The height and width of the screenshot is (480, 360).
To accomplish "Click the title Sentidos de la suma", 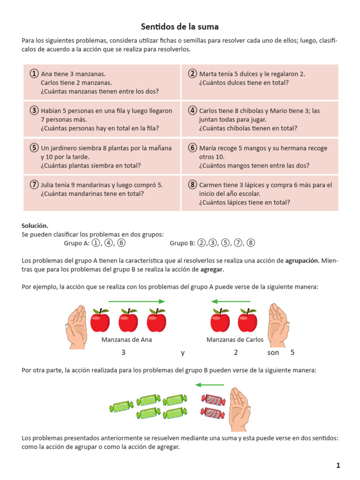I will (180, 27).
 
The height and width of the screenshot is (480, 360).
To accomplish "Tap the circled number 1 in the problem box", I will (34, 74).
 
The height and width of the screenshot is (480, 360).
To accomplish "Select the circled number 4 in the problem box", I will (192, 111).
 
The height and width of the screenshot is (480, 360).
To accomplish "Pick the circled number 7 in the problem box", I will (34, 184).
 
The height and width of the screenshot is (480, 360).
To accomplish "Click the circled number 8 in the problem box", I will (192, 184).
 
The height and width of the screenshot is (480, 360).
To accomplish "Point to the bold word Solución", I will (35, 225).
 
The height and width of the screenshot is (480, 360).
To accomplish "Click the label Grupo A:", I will (76, 243).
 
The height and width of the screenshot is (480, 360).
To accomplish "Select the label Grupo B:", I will (182, 243).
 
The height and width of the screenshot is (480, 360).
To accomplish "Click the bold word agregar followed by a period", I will (211, 269).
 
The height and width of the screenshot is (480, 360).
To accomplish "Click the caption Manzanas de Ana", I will (127, 339).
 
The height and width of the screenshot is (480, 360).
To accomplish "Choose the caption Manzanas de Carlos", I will (235, 339).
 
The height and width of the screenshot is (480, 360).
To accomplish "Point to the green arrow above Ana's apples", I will (136, 301).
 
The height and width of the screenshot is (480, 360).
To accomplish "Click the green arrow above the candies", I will (209, 385).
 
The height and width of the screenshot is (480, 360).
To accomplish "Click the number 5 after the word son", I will (292, 352).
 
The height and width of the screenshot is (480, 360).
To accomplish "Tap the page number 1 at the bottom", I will (338, 465).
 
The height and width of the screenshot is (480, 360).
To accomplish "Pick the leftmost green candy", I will (121, 406).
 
